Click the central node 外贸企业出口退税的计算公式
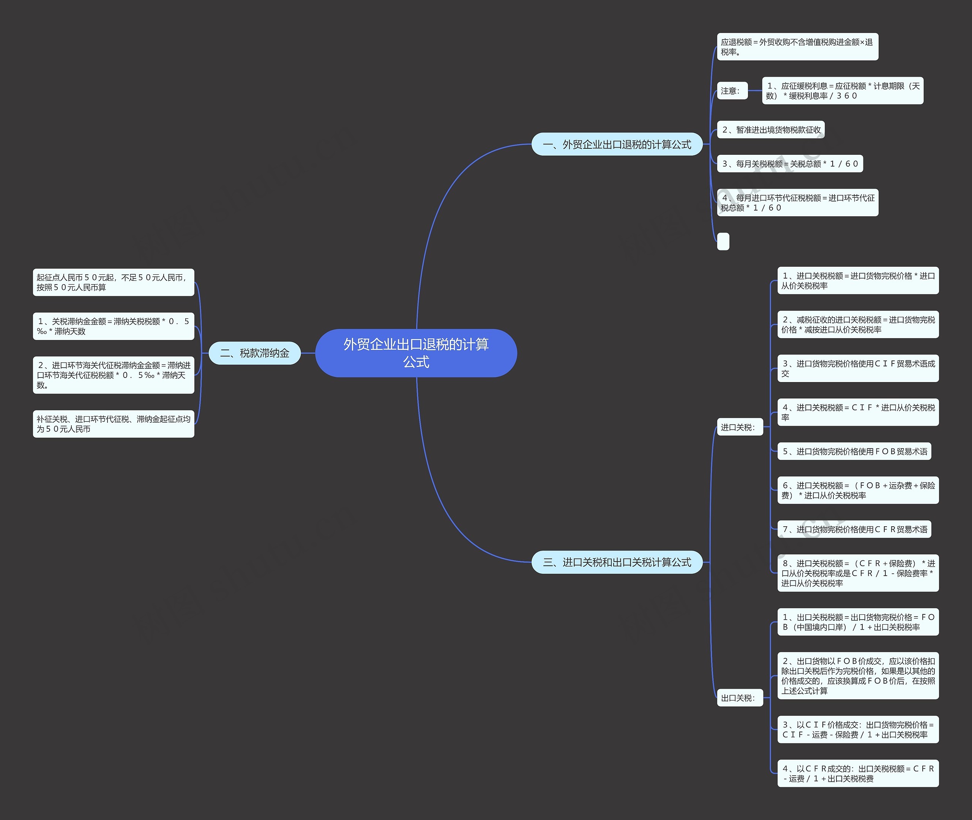[x=416, y=353]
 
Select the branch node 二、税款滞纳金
[x=254, y=353]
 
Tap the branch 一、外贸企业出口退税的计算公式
[x=617, y=145]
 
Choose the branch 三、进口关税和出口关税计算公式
[x=617, y=562]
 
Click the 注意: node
[x=732, y=91]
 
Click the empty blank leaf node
[x=723, y=242]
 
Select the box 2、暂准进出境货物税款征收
[x=771, y=130]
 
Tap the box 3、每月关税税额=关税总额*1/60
[x=790, y=164]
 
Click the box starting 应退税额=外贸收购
[x=797, y=47]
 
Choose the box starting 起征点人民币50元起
[x=113, y=283]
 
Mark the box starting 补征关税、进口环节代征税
[x=113, y=424]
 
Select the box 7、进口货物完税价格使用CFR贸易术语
[x=854, y=529]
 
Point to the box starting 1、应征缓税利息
[x=842, y=91]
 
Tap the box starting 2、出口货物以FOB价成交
[x=858, y=676]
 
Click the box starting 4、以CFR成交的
[x=858, y=773]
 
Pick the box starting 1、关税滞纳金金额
[x=113, y=326]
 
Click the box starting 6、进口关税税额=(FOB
[x=858, y=490]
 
